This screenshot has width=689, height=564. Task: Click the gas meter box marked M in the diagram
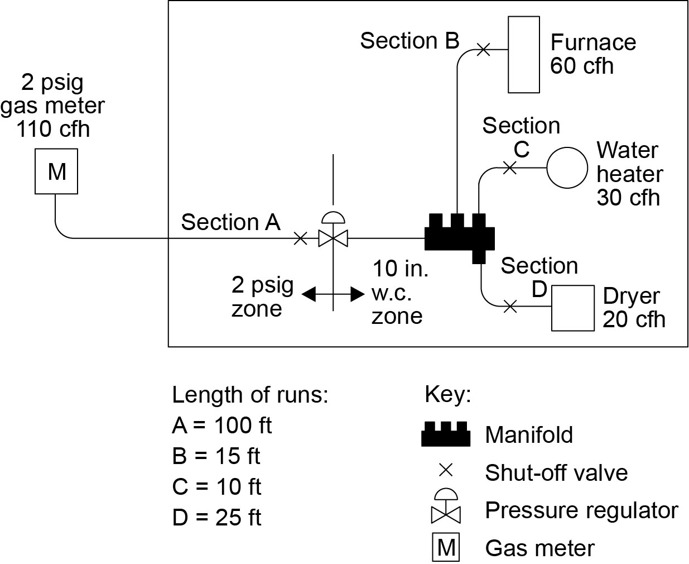(x=56, y=171)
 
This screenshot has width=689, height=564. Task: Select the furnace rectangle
(x=523, y=54)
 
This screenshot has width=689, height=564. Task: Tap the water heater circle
(x=566, y=167)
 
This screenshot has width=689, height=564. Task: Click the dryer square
(x=572, y=308)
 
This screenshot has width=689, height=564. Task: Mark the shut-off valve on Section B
(x=484, y=49)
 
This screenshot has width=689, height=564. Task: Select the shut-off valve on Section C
(x=509, y=167)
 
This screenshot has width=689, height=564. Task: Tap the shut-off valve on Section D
(x=509, y=306)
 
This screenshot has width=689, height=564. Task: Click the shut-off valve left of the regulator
(x=300, y=238)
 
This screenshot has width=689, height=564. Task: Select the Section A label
(x=230, y=222)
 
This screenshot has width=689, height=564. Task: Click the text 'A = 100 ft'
(x=221, y=426)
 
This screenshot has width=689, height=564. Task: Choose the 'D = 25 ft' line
(x=216, y=518)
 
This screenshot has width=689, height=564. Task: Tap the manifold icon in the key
(x=446, y=434)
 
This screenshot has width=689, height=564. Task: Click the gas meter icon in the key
(x=446, y=548)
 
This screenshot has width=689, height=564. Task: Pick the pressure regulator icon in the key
(x=446, y=506)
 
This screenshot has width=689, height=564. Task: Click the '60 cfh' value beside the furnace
(x=581, y=66)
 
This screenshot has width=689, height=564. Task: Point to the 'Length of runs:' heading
(x=250, y=395)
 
